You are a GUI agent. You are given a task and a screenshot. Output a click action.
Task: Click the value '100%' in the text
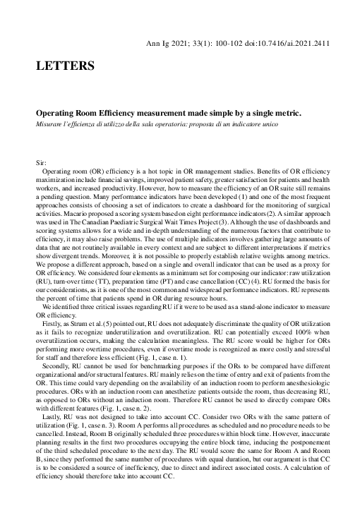tap(296, 335)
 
